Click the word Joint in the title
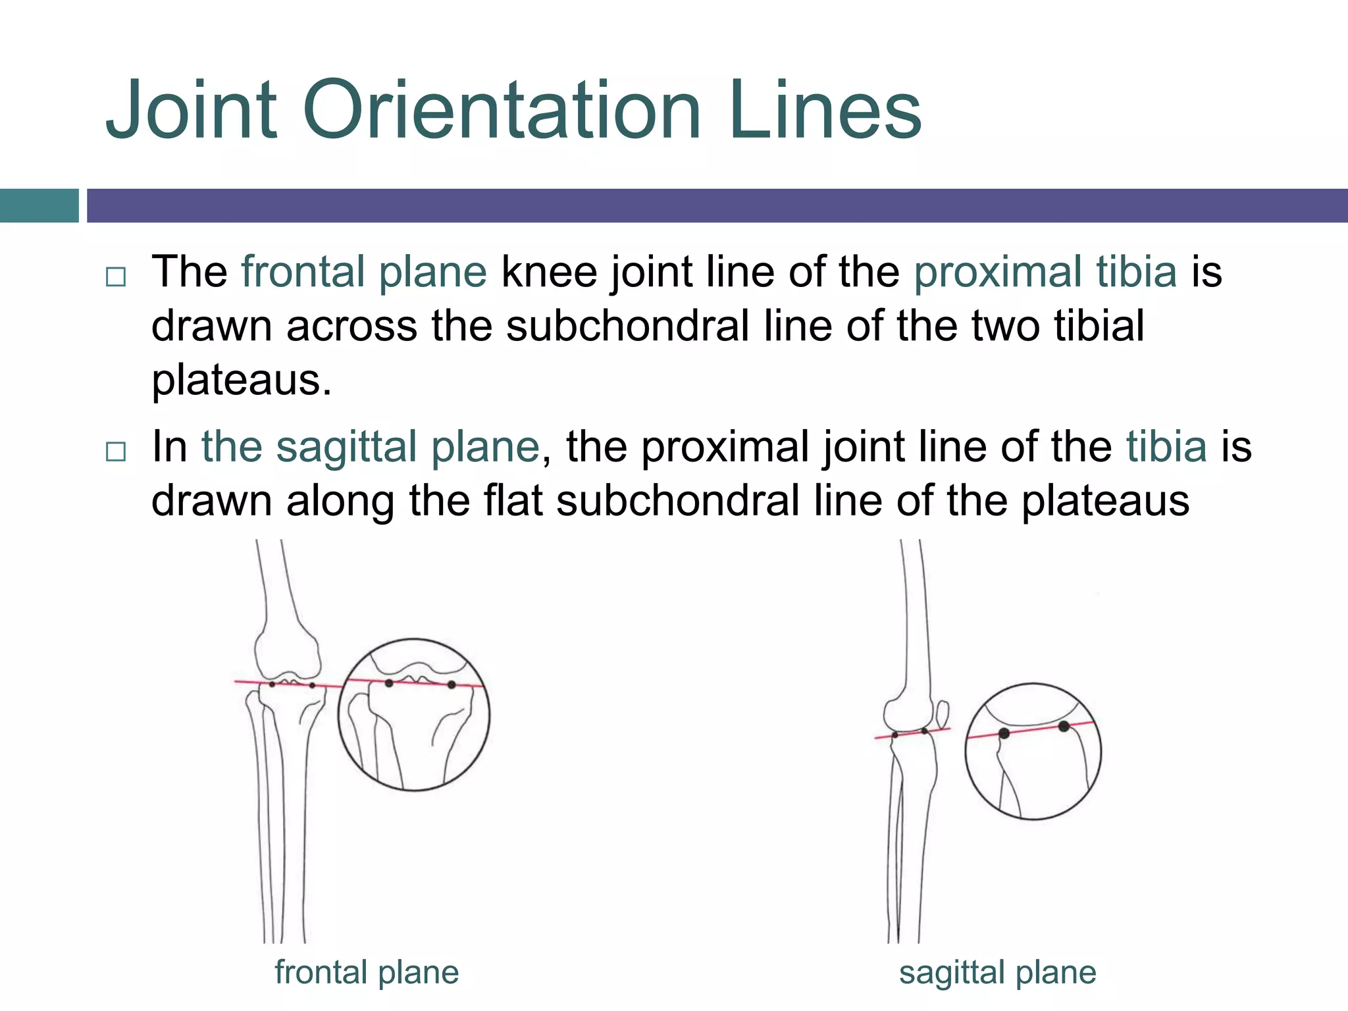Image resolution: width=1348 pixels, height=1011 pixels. point(191,111)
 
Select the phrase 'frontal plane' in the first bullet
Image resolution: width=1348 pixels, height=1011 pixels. point(364,272)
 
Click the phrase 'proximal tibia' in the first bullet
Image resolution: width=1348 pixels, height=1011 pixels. point(1045,272)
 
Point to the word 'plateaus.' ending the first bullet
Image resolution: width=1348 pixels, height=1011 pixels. point(242,380)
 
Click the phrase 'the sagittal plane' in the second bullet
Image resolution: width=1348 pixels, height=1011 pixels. point(370,447)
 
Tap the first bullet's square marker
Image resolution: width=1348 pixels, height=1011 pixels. point(116,276)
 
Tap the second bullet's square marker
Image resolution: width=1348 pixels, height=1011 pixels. point(116,452)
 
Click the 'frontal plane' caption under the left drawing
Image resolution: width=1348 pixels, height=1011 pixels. point(367,972)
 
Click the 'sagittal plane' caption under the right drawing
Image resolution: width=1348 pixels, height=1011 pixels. point(997,972)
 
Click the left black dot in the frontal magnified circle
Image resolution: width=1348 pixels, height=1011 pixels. point(389,683)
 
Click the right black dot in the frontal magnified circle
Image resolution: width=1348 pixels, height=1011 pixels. point(452,685)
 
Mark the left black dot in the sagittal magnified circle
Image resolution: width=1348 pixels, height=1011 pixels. point(1004,733)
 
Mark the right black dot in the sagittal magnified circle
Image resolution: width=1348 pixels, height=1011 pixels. point(1064,727)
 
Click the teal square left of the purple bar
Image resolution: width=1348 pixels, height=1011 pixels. point(39,205)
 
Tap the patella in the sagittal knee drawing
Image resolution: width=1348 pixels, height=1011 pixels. point(943,713)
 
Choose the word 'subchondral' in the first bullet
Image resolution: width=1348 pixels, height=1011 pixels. point(627,326)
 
